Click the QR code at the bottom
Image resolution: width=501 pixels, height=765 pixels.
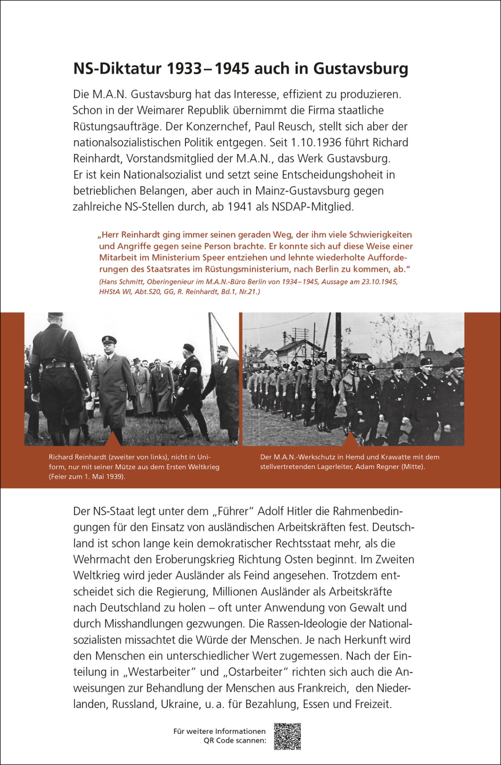tap(287, 737)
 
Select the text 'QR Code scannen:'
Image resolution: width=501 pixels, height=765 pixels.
tap(235, 740)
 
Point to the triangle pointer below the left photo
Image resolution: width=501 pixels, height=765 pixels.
tap(113, 439)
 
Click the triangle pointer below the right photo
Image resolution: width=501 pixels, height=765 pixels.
tap(350, 439)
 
